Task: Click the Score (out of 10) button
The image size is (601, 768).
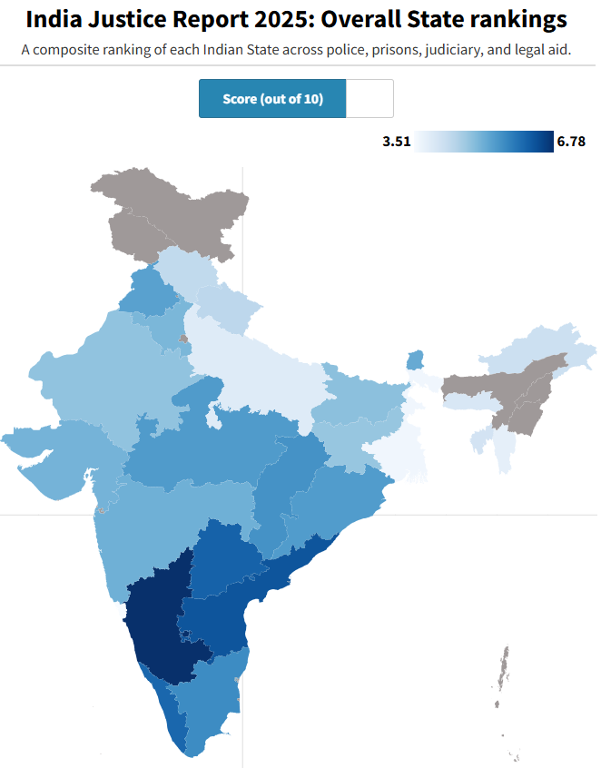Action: (272, 99)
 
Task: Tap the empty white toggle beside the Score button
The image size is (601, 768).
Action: (369, 99)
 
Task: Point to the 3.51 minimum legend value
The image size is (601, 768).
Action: (397, 142)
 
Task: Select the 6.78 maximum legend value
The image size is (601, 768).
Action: (571, 142)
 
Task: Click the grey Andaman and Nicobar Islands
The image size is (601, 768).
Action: (501, 672)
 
